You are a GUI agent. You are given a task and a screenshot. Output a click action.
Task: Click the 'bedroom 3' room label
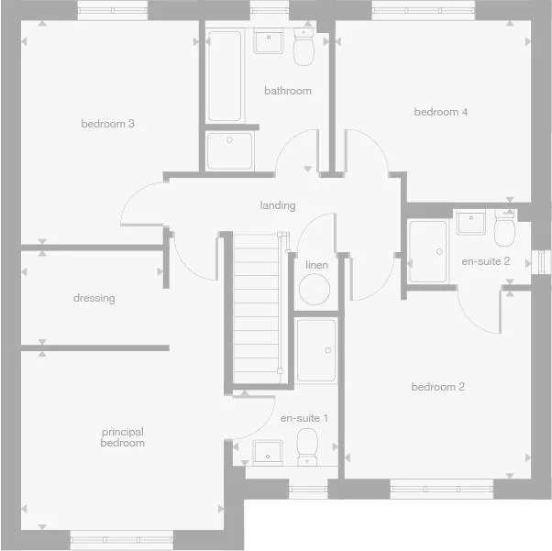pos(108,124)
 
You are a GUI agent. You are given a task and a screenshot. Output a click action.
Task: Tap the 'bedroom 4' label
pos(441,112)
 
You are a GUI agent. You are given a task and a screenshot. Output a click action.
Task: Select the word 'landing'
pos(277,205)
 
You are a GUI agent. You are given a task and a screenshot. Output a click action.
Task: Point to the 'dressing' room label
pos(94,298)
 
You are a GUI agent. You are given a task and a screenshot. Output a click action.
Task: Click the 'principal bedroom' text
pos(123,437)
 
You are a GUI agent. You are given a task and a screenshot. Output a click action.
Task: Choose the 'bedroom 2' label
pos(437,387)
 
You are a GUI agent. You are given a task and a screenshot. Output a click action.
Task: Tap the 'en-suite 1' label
pos(304,418)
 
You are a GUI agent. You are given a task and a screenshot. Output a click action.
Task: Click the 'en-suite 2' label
pos(481,261)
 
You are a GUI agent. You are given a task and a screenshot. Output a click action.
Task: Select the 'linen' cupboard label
pos(316,265)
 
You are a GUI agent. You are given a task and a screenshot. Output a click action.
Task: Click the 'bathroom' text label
pos(288,91)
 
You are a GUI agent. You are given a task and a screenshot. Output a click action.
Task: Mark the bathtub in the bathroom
pos(225,77)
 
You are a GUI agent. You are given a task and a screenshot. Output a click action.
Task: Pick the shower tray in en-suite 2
pos(428,250)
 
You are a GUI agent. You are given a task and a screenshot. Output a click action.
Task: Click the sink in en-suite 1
pos(268,450)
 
